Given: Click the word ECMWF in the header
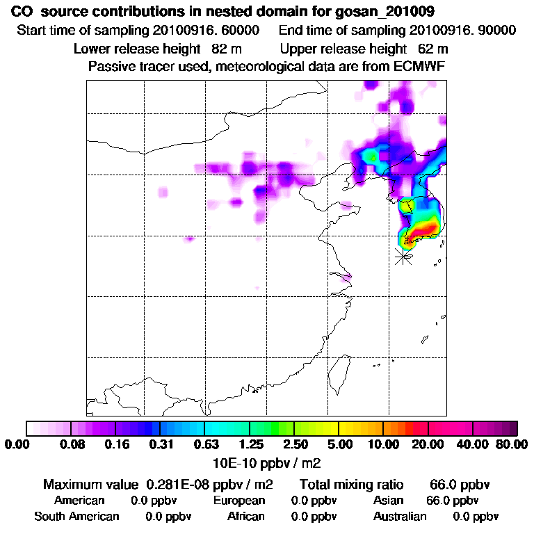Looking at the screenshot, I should click(x=420, y=66).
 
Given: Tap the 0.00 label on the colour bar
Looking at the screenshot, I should click(x=19, y=444).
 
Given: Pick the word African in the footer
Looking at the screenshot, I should click(x=245, y=517).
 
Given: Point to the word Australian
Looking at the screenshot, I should click(x=400, y=517).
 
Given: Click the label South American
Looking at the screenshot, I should click(x=76, y=517).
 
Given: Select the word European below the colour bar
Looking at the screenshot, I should click(x=238, y=501).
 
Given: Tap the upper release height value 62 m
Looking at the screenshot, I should click(x=433, y=49).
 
